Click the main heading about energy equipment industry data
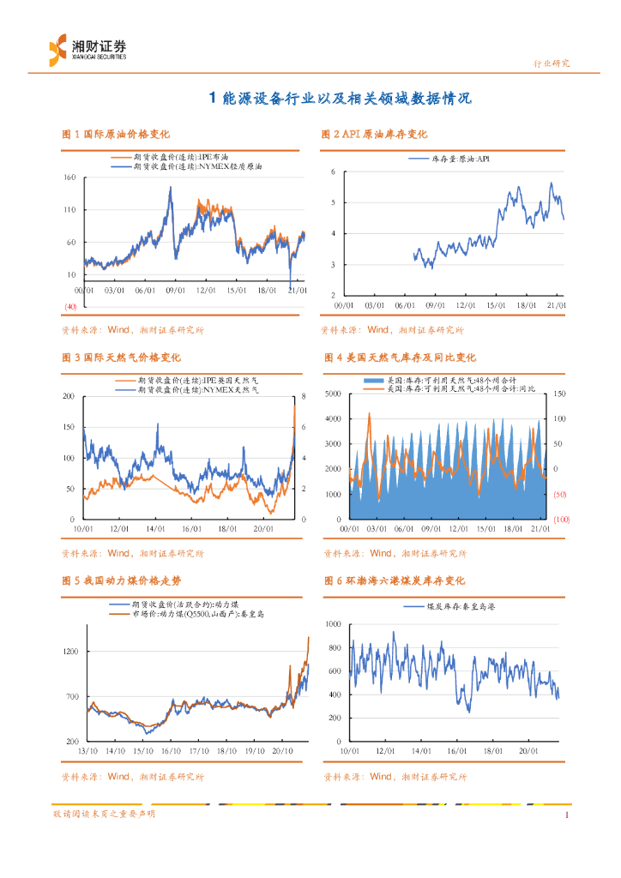point(341,99)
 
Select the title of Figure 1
point(116,135)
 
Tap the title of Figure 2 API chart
point(374,135)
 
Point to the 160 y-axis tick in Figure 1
point(69,177)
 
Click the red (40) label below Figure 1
point(70,306)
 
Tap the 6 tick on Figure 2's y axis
point(333,172)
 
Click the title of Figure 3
point(121,357)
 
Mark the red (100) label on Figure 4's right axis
point(562,520)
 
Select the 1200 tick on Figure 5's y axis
point(70,652)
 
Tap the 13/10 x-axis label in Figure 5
point(87,751)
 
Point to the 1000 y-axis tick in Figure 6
point(333,623)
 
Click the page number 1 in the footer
point(567,815)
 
